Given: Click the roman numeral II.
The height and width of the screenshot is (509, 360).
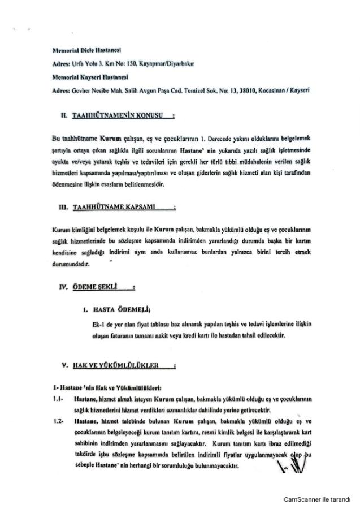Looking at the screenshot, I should pos(64,116).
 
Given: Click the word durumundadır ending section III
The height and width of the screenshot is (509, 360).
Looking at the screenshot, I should pos(70,264).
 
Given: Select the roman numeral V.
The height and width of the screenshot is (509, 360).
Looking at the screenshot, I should pos(66,366).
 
